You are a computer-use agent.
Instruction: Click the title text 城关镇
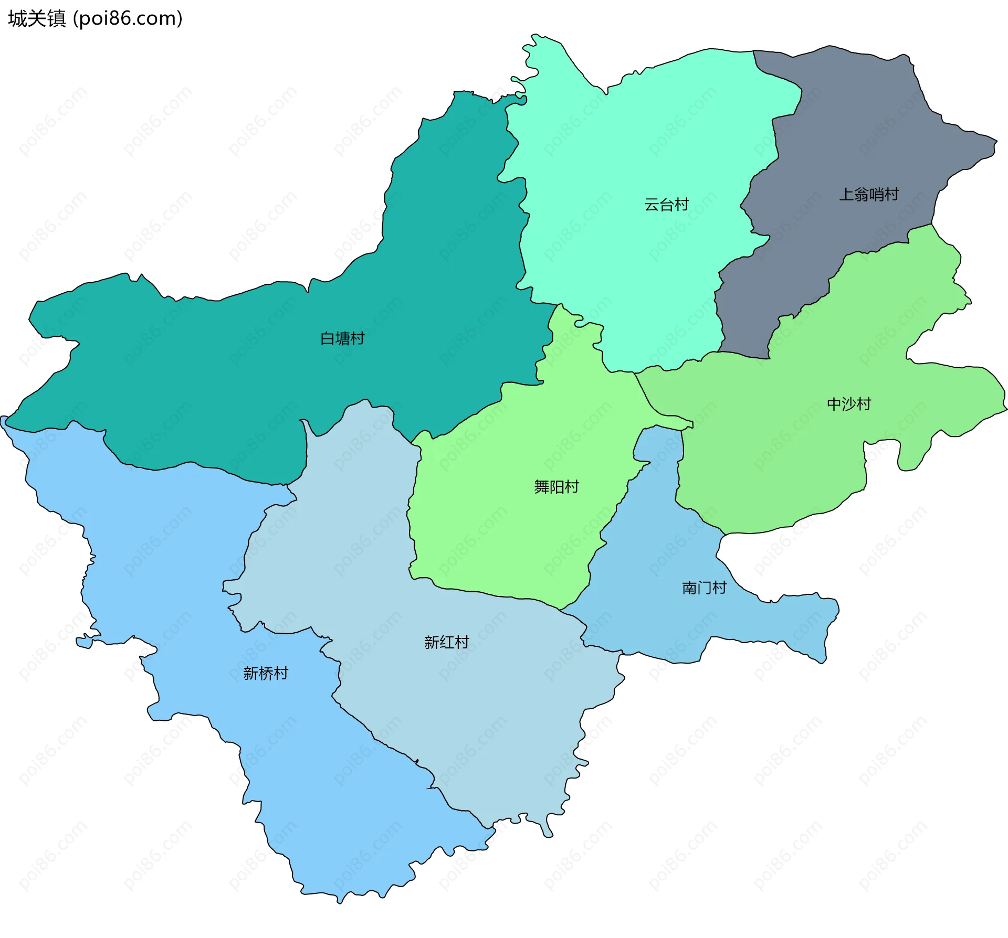[37, 19]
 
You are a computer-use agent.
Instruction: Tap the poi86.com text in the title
[128, 19]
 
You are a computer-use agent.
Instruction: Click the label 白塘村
[342, 338]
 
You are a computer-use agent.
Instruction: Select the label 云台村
[666, 205]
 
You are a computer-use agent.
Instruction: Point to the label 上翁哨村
[869, 195]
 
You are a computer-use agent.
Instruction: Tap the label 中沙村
[849, 404]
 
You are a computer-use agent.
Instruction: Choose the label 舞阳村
[556, 487]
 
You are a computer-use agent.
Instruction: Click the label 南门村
[704, 588]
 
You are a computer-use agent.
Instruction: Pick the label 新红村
[446, 642]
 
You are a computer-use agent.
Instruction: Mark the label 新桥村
[266, 674]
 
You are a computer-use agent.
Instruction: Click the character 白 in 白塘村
[328, 338]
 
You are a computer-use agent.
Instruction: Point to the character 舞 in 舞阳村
[542, 487]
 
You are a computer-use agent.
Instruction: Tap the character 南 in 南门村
[689, 588]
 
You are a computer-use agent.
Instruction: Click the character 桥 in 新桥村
[266, 674]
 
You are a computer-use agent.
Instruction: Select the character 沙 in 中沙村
[849, 404]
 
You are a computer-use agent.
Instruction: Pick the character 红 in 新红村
[447, 642]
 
